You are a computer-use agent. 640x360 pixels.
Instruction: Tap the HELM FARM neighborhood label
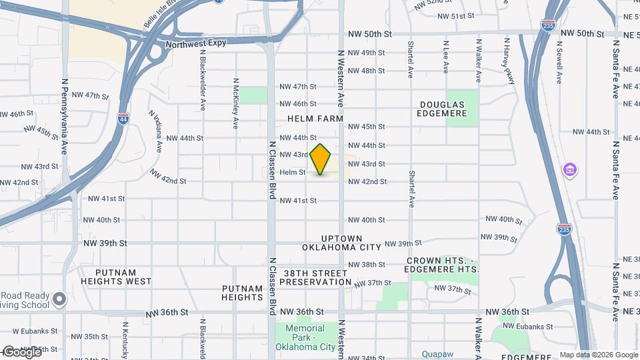[315, 119]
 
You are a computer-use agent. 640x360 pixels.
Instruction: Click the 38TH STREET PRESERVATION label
[315, 278]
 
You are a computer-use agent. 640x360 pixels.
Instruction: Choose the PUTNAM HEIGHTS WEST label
[123, 277]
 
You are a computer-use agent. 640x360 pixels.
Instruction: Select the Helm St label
[293, 172]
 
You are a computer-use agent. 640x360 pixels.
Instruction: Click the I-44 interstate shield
[123, 119]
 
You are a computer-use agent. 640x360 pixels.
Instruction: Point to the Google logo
[22, 352]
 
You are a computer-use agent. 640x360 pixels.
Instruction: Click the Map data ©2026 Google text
[598, 355]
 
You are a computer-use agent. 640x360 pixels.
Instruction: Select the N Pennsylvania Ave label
[65, 117]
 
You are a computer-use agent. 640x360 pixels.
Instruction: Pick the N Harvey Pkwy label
[509, 61]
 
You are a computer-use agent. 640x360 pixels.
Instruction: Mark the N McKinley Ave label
[235, 104]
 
